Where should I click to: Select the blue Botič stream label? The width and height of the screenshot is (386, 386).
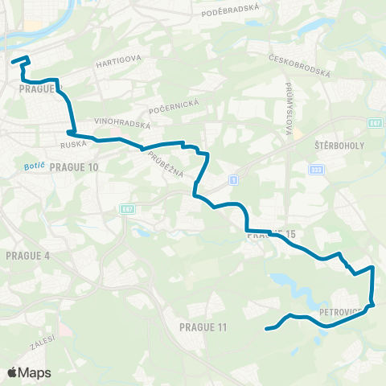[23, 167]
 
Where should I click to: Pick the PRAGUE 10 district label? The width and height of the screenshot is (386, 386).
[73, 167]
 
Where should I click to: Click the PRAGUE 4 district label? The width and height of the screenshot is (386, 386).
[27, 256]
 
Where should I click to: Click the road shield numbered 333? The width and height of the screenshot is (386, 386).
[318, 170]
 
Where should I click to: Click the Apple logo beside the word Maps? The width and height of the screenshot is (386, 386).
[12, 372]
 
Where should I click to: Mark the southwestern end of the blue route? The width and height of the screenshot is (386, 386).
[266, 329]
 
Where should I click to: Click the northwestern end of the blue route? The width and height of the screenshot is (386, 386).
[13, 60]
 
